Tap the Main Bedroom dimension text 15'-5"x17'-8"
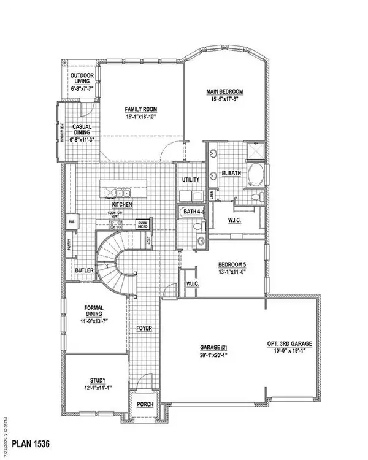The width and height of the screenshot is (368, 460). click(x=224, y=100)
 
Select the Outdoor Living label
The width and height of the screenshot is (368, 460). click(x=82, y=81)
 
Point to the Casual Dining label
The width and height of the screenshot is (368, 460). click(x=82, y=129)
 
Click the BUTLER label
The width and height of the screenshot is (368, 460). click(x=83, y=270)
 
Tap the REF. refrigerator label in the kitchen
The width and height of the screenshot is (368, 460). click(x=71, y=222)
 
